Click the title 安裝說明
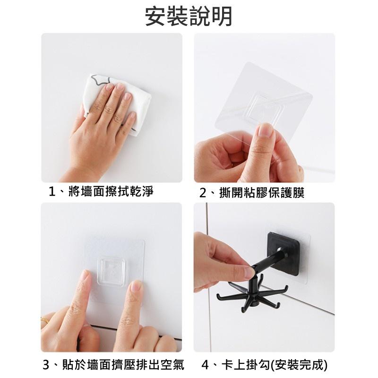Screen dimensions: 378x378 point(189,16)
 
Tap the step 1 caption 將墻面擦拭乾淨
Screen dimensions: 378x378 point(111,192)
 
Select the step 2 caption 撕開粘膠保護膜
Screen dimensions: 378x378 point(262,193)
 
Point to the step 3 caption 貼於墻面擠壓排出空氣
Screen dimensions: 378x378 point(123,364)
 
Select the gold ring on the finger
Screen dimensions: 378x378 point(44,321)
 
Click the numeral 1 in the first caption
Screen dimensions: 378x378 point(52,192)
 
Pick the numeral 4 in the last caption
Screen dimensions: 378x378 point(205,365)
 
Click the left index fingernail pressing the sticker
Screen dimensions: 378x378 point(84,275)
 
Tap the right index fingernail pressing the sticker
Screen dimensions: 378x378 point(136,286)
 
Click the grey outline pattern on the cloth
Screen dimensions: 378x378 point(102,79)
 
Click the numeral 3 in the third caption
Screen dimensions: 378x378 point(46,365)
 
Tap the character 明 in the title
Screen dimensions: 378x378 point(221,17)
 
